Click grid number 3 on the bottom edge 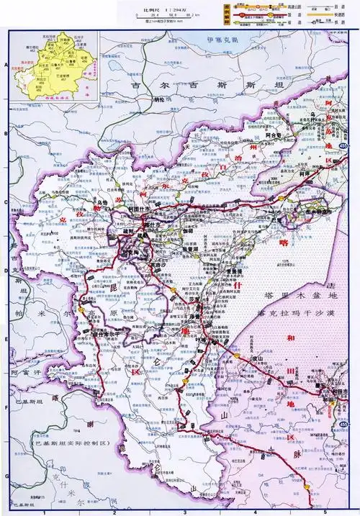click(x=185, y=512)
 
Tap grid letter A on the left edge click(x=6, y=65)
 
